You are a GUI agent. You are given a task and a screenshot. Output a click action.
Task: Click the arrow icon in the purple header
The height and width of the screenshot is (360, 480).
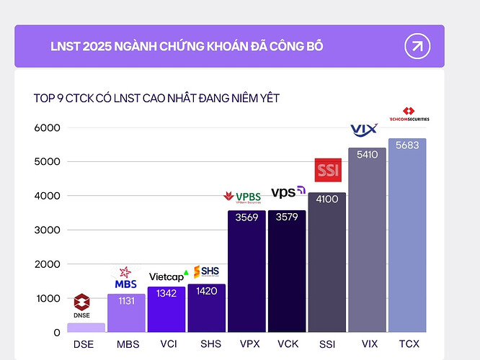[417, 47]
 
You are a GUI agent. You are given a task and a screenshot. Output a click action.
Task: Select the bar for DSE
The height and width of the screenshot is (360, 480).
[86, 327]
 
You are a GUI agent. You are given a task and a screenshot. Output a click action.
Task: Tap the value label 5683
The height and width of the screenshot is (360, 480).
[407, 148]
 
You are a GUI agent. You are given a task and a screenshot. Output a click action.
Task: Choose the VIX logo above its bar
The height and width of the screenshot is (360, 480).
[364, 130]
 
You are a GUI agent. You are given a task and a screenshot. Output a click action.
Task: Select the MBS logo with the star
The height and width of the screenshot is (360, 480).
[125, 279]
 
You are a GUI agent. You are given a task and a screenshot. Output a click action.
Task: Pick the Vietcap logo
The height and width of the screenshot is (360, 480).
[168, 276]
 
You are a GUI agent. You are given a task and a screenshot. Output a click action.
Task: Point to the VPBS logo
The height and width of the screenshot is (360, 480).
[243, 197]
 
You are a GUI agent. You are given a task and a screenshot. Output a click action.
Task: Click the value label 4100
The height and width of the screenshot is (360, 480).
[327, 202]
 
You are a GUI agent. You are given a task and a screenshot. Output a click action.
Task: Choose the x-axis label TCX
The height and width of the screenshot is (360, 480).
[407, 344]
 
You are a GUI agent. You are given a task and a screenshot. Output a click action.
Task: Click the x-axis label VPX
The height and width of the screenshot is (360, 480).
[246, 344]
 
